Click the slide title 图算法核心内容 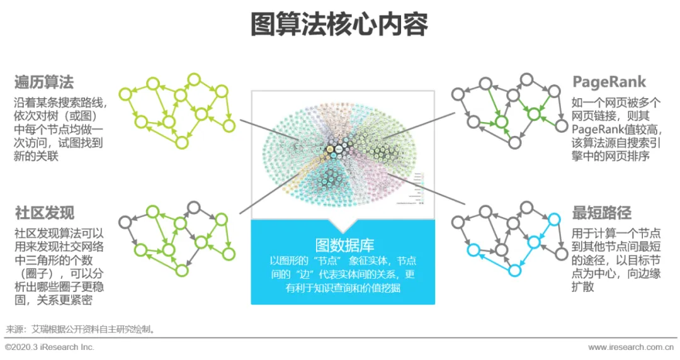coord(339,25)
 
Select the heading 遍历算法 coord(44,82)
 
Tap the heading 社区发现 coord(44,212)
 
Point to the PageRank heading coord(608,82)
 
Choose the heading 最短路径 coord(601,212)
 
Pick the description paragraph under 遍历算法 coord(60,129)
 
